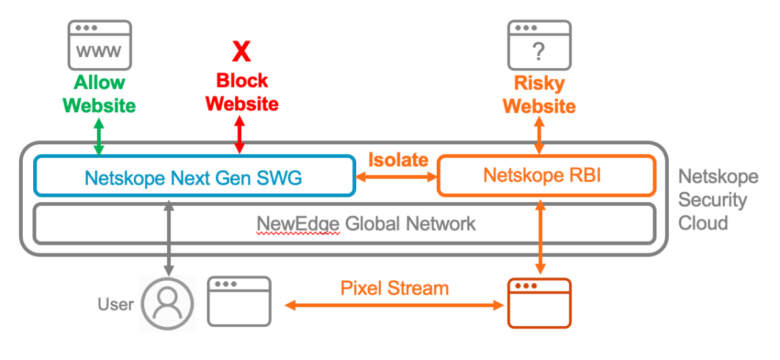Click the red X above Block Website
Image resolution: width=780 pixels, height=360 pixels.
click(x=242, y=51)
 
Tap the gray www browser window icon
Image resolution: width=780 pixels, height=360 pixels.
click(x=99, y=45)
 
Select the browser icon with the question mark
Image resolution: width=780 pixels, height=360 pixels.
click(x=539, y=45)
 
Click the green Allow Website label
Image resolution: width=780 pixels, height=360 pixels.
click(x=99, y=94)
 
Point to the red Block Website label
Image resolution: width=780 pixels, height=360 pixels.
click(x=242, y=92)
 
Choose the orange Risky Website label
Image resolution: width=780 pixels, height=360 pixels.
click(x=539, y=94)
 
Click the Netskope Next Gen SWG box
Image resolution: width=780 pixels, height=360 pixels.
click(x=194, y=175)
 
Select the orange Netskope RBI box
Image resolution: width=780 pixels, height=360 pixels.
click(x=546, y=175)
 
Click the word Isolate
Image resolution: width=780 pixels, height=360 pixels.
click(x=398, y=160)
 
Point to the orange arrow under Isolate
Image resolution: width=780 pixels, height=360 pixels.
click(x=396, y=176)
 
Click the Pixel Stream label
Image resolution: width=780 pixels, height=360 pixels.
click(x=395, y=288)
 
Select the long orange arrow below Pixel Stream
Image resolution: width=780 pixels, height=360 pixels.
click(x=395, y=305)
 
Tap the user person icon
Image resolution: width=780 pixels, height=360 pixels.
click(x=168, y=304)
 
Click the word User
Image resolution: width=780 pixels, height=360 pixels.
click(x=116, y=304)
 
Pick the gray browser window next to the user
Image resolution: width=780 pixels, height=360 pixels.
click(x=239, y=302)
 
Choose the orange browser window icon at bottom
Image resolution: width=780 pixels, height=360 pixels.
click(x=539, y=303)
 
